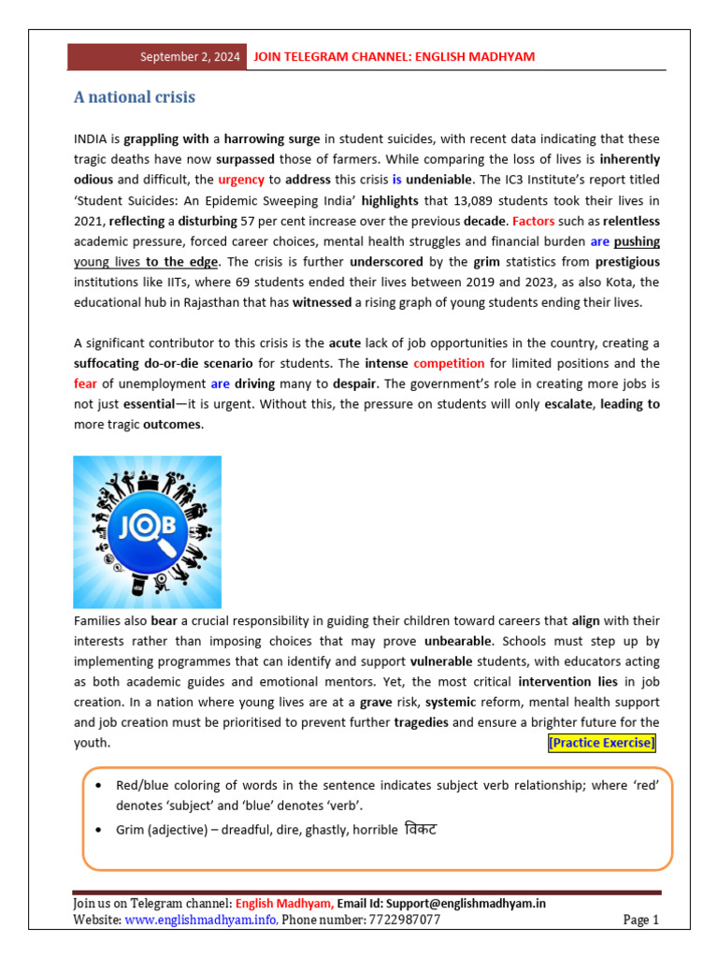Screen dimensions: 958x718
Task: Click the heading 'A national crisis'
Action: pyautogui.click(x=135, y=98)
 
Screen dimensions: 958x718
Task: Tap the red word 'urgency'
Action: pyautogui.click(x=241, y=180)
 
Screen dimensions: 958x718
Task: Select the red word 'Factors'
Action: pyautogui.click(x=533, y=221)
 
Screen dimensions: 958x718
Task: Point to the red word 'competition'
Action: pyautogui.click(x=449, y=363)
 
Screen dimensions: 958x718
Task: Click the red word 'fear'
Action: pyautogui.click(x=85, y=384)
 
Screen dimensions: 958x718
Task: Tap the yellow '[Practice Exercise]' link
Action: pyautogui.click(x=601, y=743)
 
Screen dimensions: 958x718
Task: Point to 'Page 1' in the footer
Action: pyautogui.click(x=641, y=920)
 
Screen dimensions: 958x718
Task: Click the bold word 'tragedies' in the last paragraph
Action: pyautogui.click(x=426, y=722)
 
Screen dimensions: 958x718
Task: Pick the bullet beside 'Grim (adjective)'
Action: pyautogui.click(x=99, y=830)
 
